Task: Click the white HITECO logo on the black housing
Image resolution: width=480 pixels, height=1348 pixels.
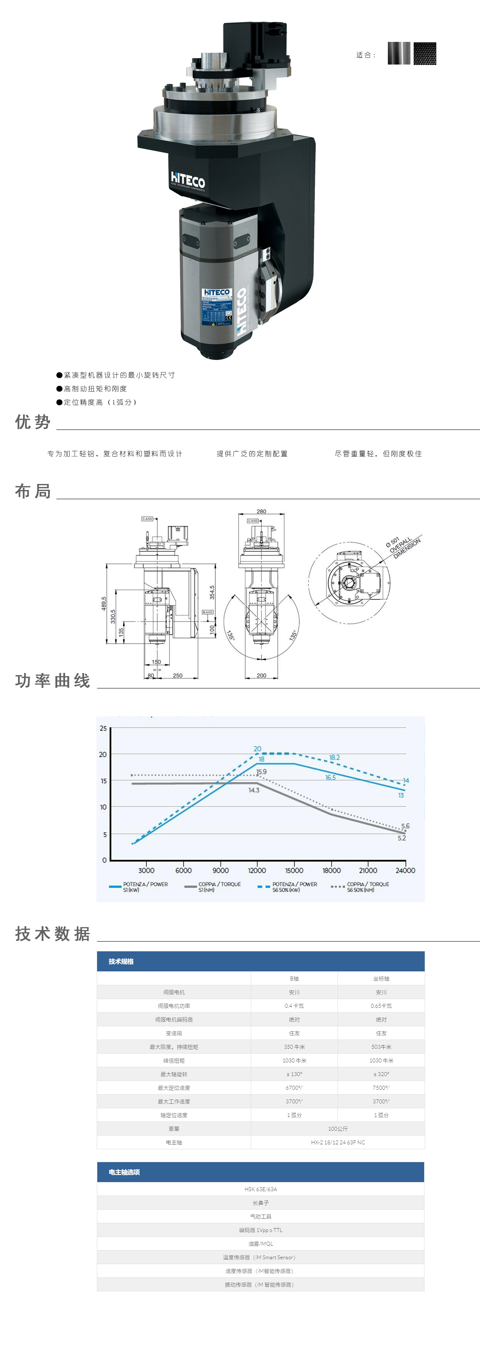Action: click(187, 180)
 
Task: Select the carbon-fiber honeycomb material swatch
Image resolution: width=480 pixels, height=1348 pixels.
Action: click(425, 53)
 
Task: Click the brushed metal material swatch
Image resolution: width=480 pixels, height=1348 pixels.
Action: click(399, 53)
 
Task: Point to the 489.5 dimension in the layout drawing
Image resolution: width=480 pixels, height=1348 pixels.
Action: click(104, 603)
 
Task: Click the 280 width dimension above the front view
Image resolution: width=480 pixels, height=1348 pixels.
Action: click(261, 511)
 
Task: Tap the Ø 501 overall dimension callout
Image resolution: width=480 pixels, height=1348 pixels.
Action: click(403, 547)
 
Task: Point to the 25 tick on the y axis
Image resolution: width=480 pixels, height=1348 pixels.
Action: click(103, 728)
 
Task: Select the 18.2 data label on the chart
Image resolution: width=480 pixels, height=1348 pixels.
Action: click(334, 757)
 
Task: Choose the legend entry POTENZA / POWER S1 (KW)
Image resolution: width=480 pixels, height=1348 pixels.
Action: click(139, 887)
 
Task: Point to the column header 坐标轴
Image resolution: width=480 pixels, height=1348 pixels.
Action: click(381, 978)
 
